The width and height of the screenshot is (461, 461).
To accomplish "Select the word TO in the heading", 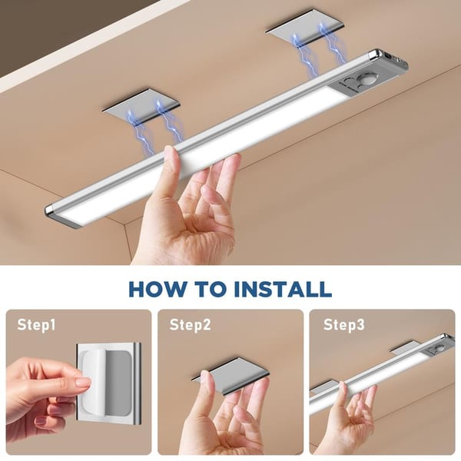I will pyautogui.click(x=206, y=289).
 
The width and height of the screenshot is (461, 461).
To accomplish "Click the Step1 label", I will pyautogui.click(x=37, y=325).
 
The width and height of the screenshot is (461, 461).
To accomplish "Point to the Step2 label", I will pyautogui.click(x=190, y=325).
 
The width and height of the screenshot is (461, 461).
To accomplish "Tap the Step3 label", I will pyautogui.click(x=343, y=325).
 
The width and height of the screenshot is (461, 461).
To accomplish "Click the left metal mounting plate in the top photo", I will pyautogui.click(x=141, y=105).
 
